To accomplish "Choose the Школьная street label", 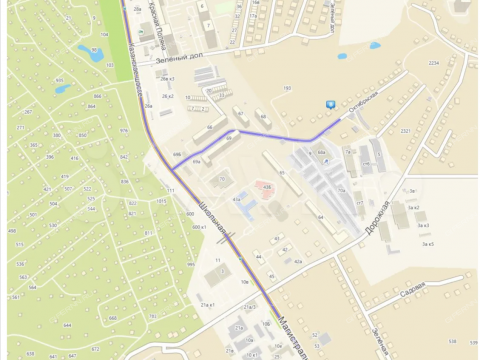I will (211, 211).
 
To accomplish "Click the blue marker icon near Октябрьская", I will (331, 103).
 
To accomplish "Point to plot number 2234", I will (434, 63).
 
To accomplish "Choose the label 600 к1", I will (198, 227).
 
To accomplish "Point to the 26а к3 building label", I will (167, 79).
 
